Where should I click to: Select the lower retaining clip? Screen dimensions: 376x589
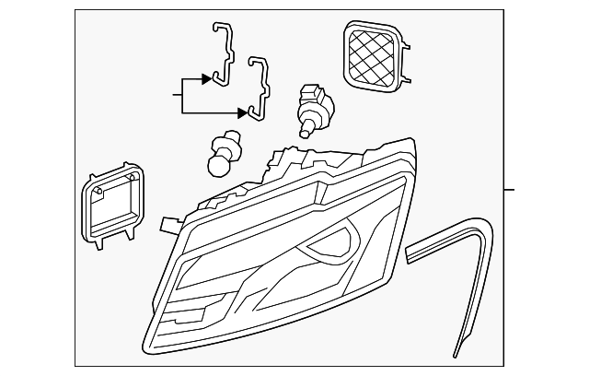(x=261, y=88)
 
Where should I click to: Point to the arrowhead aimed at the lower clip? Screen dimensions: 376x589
(x=243, y=113)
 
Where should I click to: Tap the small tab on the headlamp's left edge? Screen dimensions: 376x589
(x=167, y=222)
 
